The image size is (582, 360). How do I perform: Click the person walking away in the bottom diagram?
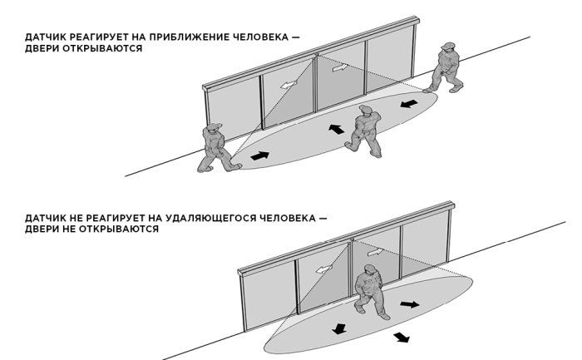369,290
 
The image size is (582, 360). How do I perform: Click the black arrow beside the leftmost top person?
259,155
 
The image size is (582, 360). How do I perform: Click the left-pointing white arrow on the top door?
291,84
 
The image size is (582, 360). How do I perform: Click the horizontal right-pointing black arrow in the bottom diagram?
409,304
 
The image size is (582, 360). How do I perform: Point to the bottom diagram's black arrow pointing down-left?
338,328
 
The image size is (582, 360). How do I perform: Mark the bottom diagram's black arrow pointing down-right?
402,337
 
